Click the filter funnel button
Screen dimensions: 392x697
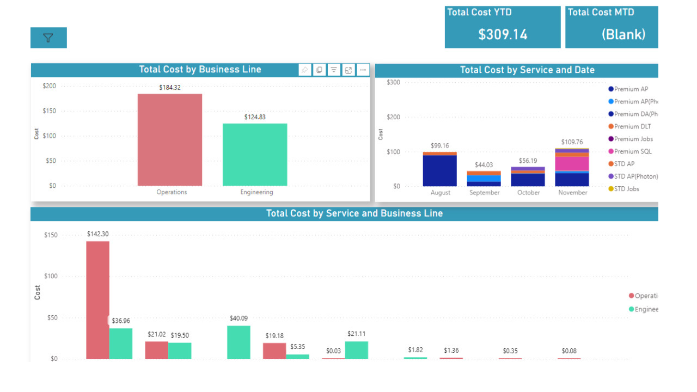pyautogui.click(x=48, y=38)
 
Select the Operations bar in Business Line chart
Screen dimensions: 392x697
pyautogui.click(x=169, y=140)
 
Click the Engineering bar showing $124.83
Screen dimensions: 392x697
pyautogui.click(x=255, y=155)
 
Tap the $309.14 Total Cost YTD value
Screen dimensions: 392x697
pyautogui.click(x=503, y=34)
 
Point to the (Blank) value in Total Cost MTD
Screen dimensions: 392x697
pyautogui.click(x=623, y=34)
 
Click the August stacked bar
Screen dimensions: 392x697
pyautogui.click(x=440, y=170)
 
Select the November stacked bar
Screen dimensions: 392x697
pyautogui.click(x=572, y=168)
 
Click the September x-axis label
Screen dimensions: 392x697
pyautogui.click(x=484, y=193)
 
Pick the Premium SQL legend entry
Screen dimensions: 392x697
pyautogui.click(x=632, y=151)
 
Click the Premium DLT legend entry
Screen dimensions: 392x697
pyautogui.click(x=632, y=126)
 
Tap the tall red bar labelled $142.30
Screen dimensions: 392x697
pyautogui.click(x=97, y=299)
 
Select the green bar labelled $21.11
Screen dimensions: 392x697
pyautogui.click(x=356, y=350)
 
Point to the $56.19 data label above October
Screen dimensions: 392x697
pyautogui.click(x=528, y=161)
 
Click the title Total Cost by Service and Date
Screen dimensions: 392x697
pyautogui.click(x=527, y=70)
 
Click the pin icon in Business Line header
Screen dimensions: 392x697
pyautogui.click(x=305, y=70)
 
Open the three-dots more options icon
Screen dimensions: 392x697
pyautogui.click(x=363, y=70)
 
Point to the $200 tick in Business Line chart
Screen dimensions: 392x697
pyautogui.click(x=49, y=86)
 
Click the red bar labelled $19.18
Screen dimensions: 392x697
pyautogui.click(x=274, y=351)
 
